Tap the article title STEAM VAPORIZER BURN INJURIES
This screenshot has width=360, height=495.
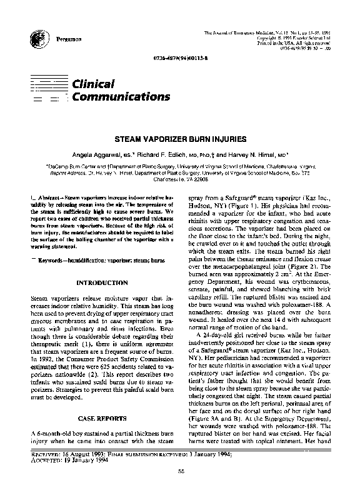point(179,143)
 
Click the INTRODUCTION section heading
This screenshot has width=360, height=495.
point(102,283)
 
